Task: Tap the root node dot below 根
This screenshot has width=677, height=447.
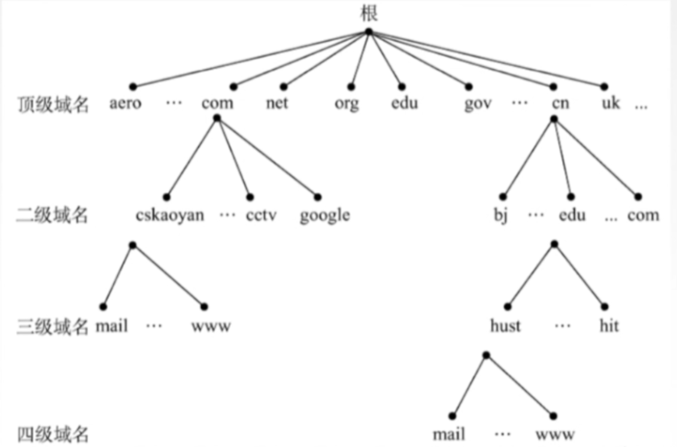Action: click(369, 32)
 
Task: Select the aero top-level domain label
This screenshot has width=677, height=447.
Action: click(126, 103)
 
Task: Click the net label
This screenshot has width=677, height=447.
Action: click(277, 103)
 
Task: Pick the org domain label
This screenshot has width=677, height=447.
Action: click(347, 104)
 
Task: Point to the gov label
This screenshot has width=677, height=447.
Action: click(478, 104)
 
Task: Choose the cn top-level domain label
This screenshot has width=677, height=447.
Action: click(560, 103)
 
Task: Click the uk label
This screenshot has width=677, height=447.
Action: click(611, 103)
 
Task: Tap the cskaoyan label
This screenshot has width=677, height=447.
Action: click(170, 215)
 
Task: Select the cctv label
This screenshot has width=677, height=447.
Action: click(261, 215)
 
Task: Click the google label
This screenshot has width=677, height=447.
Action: click(325, 215)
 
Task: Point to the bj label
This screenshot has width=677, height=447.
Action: click(500, 215)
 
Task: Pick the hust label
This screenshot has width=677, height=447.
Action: click(505, 326)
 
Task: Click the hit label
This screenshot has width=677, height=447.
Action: click(609, 326)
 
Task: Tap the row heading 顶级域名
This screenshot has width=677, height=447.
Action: click(53, 104)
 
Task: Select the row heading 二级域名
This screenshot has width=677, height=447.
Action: click(52, 215)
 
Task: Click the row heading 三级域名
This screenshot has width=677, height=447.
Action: click(53, 326)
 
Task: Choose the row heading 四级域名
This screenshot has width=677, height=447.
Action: click(53, 433)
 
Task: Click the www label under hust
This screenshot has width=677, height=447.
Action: click(555, 433)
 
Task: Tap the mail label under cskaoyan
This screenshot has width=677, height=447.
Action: click(112, 326)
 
